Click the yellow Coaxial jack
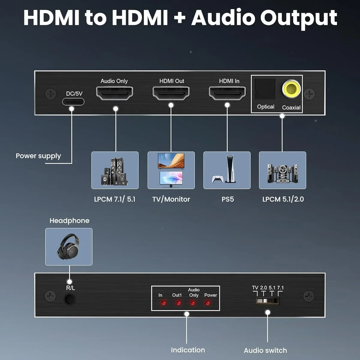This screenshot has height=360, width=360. click(x=291, y=89)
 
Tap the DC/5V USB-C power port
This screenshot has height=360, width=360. click(x=73, y=102)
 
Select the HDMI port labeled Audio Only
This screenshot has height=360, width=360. click(x=114, y=93)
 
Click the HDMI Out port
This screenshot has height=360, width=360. click(x=171, y=93)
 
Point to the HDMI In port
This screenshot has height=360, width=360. click(x=227, y=93)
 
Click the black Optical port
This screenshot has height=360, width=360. click(x=265, y=89)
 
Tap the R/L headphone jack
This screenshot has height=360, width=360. click(x=70, y=299)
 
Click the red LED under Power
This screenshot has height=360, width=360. click(x=207, y=303)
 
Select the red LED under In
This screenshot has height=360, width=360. click(x=163, y=303)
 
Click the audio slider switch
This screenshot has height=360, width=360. click(x=267, y=301)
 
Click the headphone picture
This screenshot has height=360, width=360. click(x=69, y=247)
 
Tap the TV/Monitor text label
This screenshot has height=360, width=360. click(x=171, y=199)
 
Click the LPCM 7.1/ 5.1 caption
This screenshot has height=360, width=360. click(x=115, y=199)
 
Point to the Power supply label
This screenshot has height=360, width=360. click(x=38, y=156)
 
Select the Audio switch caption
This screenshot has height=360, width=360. click(x=265, y=350)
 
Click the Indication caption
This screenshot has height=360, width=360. click(x=188, y=350)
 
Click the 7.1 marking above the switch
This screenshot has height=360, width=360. click(x=280, y=288)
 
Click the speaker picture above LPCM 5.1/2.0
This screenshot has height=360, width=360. click(x=282, y=170)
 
